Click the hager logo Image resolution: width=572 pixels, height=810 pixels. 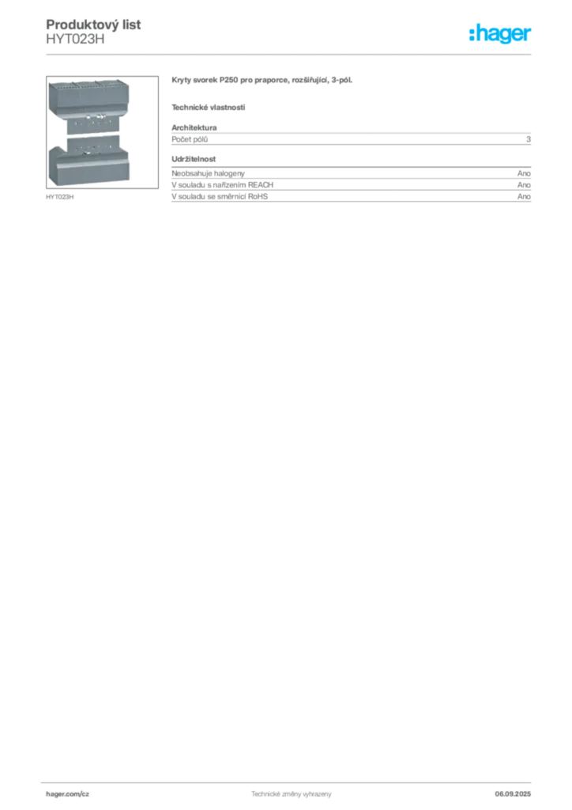click(500, 34)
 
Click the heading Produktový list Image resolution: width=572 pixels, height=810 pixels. click(93, 25)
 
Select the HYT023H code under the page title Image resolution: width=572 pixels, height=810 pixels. click(75, 40)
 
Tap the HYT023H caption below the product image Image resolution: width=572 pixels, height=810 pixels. click(60, 197)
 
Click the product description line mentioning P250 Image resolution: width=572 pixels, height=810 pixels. click(262, 80)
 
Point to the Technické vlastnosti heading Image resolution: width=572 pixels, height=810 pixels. click(209, 108)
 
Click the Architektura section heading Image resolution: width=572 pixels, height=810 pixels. click(194, 127)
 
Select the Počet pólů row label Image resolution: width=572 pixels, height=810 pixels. click(190, 139)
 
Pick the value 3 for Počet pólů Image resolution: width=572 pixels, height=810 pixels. click(529, 139)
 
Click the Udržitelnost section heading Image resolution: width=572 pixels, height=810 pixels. click(194, 159)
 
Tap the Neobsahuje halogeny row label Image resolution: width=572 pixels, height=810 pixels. click(208, 173)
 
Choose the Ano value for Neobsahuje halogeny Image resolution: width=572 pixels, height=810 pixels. click(524, 173)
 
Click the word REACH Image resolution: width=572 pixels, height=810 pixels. click(261, 185)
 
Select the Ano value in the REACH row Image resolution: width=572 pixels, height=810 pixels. click(524, 185)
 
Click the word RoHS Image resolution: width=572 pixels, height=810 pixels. click(258, 196)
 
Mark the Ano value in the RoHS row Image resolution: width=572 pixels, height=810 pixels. click(524, 196)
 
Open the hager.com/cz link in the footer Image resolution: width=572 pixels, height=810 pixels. click(68, 794)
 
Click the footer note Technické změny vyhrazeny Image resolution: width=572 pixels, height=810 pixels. click(291, 794)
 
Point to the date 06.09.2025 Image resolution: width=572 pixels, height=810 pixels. click(513, 794)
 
